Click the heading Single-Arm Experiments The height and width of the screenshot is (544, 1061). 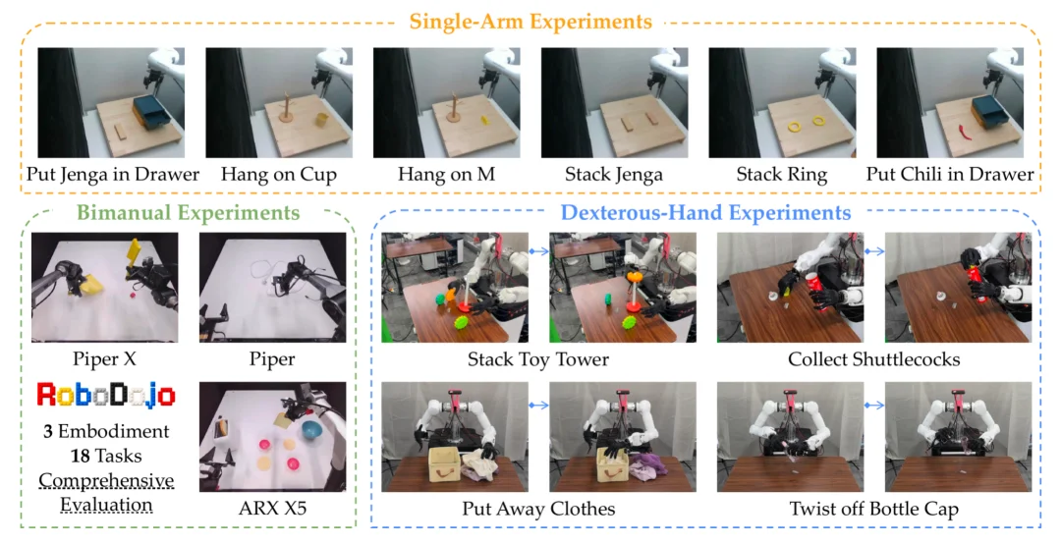[x=530, y=21]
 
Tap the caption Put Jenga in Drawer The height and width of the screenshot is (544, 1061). [x=113, y=175]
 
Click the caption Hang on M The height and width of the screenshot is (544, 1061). [x=447, y=175]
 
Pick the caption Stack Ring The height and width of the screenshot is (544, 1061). [x=782, y=175]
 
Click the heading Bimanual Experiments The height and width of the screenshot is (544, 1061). [x=188, y=212]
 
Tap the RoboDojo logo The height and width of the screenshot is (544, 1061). [x=106, y=395]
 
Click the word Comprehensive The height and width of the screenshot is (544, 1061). [x=106, y=481]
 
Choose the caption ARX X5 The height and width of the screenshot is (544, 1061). [x=272, y=508]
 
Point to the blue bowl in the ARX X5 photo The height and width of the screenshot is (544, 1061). [x=312, y=430]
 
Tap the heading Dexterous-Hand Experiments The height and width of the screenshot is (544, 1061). [x=705, y=212]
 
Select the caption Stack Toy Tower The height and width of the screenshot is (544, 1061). [x=538, y=358]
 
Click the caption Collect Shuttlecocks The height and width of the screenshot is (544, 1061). [x=873, y=358]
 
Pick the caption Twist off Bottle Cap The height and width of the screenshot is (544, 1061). [x=873, y=509]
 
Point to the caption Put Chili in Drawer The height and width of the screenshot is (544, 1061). [x=950, y=175]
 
